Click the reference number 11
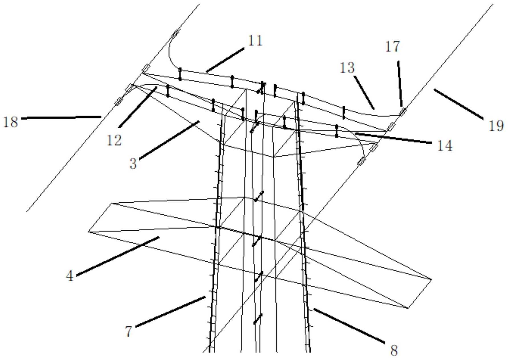(255, 41)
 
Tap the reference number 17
(393, 46)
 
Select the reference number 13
(347, 68)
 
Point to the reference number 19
(496, 126)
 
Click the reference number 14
(444, 146)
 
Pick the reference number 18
(11, 122)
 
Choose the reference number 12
(114, 140)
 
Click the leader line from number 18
(61, 117)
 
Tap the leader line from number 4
(118, 256)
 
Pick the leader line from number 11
(225, 60)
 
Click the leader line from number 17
(400, 84)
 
